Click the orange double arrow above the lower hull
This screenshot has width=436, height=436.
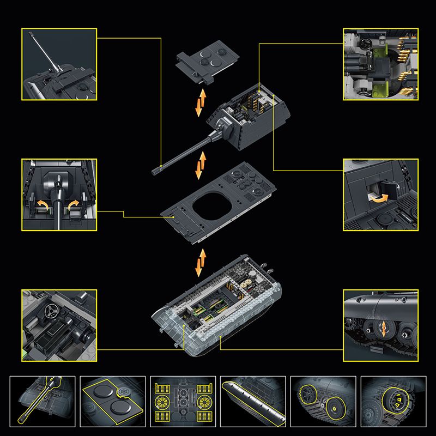tap(202, 262)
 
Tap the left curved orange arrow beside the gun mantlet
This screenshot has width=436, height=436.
tap(40, 205)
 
